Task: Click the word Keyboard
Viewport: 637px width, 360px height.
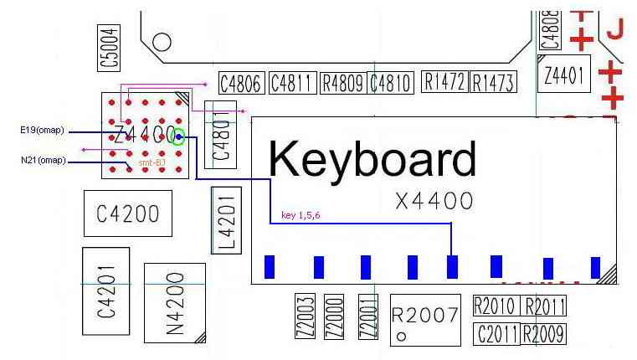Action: pyautogui.click(x=372, y=158)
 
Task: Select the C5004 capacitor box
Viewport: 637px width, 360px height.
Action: pyautogui.click(x=109, y=46)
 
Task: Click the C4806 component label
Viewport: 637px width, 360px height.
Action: pyautogui.click(x=242, y=83)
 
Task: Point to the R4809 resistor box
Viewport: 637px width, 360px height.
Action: pyautogui.click(x=342, y=83)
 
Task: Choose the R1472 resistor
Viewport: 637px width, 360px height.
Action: pyautogui.click(x=444, y=81)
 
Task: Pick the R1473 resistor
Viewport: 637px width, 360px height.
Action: pyautogui.click(x=492, y=82)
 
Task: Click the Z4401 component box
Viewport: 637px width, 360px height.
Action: pyautogui.click(x=564, y=76)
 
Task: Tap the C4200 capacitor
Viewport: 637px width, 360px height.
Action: pyautogui.click(x=127, y=213)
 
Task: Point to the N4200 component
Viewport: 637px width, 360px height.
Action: pyautogui.click(x=175, y=302)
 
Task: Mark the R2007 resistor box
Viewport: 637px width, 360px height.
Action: pyautogui.click(x=425, y=317)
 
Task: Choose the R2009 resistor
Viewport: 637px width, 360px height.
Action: pyautogui.click(x=543, y=334)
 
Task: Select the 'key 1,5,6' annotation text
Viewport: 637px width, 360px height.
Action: pyautogui.click(x=301, y=215)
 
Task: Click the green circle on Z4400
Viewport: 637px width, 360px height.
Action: pyautogui.click(x=177, y=137)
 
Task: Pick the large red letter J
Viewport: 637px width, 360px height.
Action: pyautogui.click(x=615, y=30)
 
